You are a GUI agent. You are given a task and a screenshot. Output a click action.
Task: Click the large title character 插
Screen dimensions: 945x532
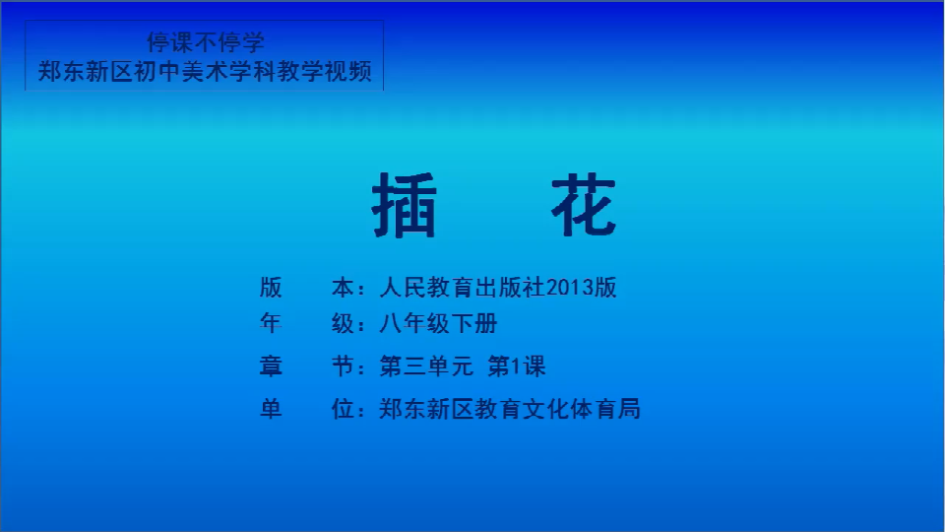(404, 205)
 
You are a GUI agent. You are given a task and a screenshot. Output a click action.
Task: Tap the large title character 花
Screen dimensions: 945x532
(584, 205)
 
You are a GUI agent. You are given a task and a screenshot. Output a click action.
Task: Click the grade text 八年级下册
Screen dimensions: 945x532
(438, 324)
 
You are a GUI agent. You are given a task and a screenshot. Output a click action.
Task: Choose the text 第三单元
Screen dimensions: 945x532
(426, 366)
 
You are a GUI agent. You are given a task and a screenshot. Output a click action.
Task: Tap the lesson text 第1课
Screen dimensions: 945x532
(517, 366)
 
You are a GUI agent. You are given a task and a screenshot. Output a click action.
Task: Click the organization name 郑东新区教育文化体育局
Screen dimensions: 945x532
(510, 409)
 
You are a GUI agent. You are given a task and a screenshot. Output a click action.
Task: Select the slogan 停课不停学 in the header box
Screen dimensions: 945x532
(206, 42)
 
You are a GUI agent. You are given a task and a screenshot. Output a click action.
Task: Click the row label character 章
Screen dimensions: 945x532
(271, 366)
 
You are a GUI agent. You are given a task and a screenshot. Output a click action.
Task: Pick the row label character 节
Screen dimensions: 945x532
(343, 366)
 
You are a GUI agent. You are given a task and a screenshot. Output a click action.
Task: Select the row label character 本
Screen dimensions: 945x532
(343, 288)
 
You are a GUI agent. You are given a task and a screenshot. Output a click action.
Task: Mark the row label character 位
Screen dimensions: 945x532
(343, 409)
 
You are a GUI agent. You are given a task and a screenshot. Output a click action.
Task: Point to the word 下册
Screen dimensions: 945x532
(474, 324)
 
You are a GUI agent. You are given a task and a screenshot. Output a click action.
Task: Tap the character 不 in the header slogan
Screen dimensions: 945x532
(206, 42)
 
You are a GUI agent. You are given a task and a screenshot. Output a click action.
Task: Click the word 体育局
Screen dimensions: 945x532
(605, 409)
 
